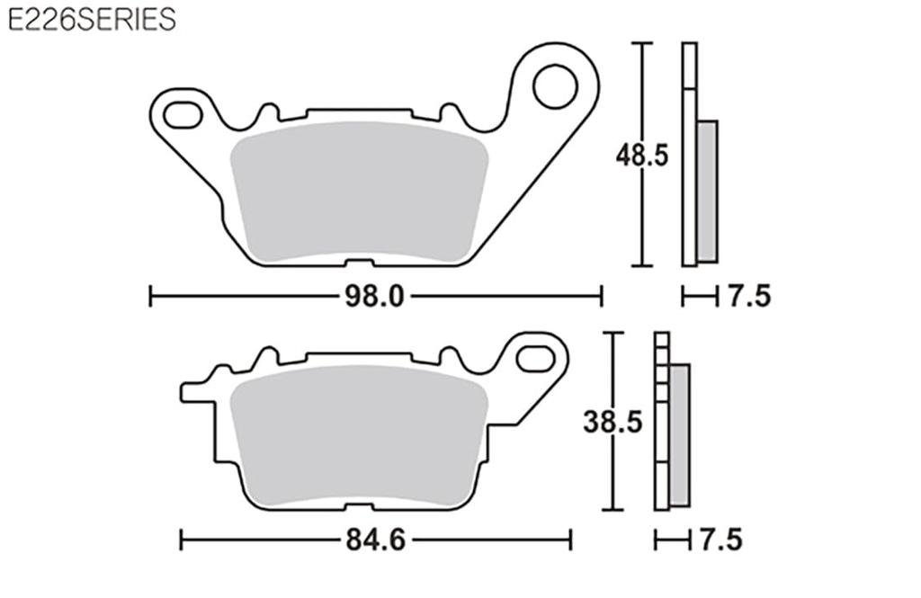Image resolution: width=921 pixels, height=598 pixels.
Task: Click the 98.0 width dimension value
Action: click(x=375, y=296)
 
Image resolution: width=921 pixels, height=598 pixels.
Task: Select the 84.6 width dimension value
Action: click(x=375, y=540)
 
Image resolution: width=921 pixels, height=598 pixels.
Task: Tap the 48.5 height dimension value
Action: click(x=641, y=155)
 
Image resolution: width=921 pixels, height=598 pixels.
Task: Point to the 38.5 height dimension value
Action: click(x=613, y=422)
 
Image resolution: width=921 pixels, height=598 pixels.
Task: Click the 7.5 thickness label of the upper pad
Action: click(x=749, y=296)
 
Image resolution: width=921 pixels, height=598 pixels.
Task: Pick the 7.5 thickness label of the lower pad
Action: click(x=720, y=540)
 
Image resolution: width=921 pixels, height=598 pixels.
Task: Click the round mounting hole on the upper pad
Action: click(x=554, y=87)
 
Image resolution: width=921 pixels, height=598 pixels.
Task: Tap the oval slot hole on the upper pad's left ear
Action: click(x=183, y=114)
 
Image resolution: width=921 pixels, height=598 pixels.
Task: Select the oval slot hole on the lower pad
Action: click(x=539, y=358)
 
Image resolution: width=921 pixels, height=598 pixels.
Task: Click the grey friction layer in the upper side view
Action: click(x=708, y=191)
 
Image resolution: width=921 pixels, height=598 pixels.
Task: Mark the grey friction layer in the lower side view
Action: click(x=679, y=434)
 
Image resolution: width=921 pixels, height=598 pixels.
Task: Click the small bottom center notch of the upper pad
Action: click(x=359, y=263)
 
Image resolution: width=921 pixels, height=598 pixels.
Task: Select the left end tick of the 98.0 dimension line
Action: click(x=151, y=296)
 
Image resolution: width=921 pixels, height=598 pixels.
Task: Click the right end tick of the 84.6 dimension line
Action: click(x=571, y=540)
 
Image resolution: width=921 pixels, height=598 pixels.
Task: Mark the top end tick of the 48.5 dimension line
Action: click(x=641, y=43)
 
